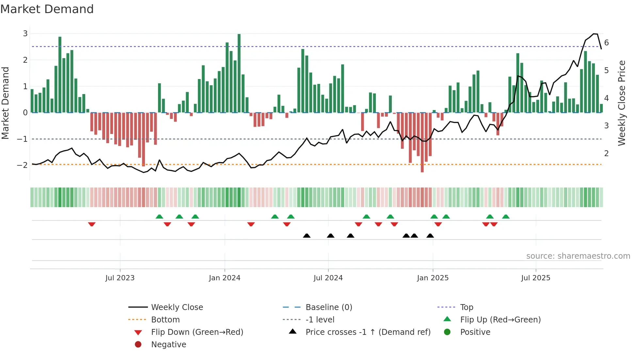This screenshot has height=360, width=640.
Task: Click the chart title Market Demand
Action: coord(47,9)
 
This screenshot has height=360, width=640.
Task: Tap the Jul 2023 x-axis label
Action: coord(120,278)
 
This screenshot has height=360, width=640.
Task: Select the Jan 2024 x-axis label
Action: coord(225,278)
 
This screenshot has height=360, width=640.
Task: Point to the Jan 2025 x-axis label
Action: coord(433,278)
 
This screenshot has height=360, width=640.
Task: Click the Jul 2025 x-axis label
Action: coord(536,278)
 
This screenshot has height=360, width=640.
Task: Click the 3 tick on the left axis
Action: coord(25,34)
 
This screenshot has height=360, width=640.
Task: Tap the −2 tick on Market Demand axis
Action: coord(22,165)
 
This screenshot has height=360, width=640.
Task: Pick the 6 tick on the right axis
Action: coord(606,43)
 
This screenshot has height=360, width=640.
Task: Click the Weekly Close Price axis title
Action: coord(622,103)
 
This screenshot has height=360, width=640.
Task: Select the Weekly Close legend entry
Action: coord(177,307)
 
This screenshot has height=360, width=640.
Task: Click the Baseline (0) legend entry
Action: coord(328,307)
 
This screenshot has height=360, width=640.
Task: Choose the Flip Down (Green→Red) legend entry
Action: coord(197,332)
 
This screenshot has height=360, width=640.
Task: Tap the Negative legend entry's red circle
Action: coord(138,345)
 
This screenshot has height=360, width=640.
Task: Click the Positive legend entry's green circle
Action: coord(447,332)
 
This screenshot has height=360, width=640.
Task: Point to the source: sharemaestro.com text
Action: coord(578,256)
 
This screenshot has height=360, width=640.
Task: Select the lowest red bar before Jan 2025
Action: coord(422,142)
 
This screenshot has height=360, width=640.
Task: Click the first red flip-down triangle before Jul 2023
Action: coord(92,224)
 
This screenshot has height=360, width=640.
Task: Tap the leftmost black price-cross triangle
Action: coord(307,236)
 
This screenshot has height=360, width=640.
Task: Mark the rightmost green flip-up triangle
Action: coord(506,217)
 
